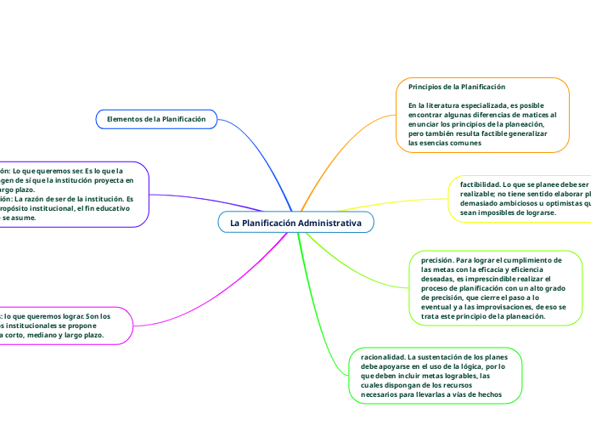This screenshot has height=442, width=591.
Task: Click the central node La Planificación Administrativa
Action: (x=295, y=223)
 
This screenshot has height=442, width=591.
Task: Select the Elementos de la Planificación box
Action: (x=156, y=119)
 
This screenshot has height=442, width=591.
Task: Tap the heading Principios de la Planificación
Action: (x=457, y=87)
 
